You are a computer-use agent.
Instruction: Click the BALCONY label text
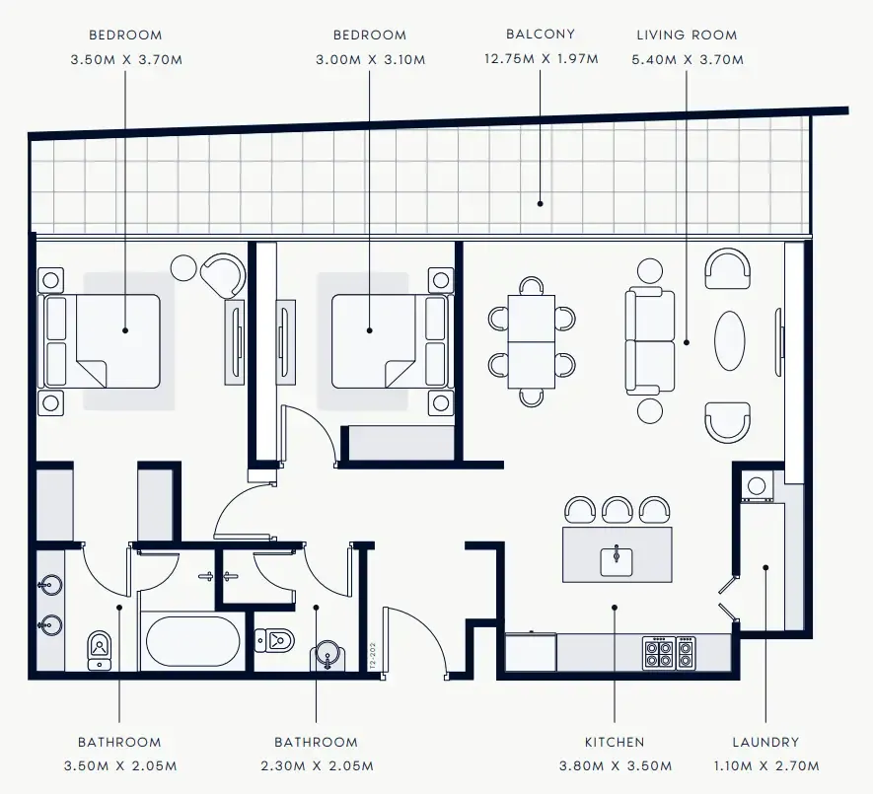pos(540,34)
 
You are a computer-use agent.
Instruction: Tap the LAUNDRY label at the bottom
pos(765,742)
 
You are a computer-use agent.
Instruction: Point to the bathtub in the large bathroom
pos(192,642)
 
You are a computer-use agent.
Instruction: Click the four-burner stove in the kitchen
pos(669,652)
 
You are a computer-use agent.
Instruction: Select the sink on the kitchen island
pos(617,559)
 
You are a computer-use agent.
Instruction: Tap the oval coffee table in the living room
pos(731,340)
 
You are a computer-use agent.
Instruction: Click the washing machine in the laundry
pos(757,485)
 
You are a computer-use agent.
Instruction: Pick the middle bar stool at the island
pos(617,510)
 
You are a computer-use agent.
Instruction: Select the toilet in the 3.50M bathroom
pos(100,649)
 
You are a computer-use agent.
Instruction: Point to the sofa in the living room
pos(651,341)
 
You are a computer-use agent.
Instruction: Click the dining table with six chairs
pos(532,341)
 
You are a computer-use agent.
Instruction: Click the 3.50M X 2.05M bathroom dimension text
pos(119,765)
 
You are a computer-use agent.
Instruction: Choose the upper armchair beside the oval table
pos(727,267)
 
